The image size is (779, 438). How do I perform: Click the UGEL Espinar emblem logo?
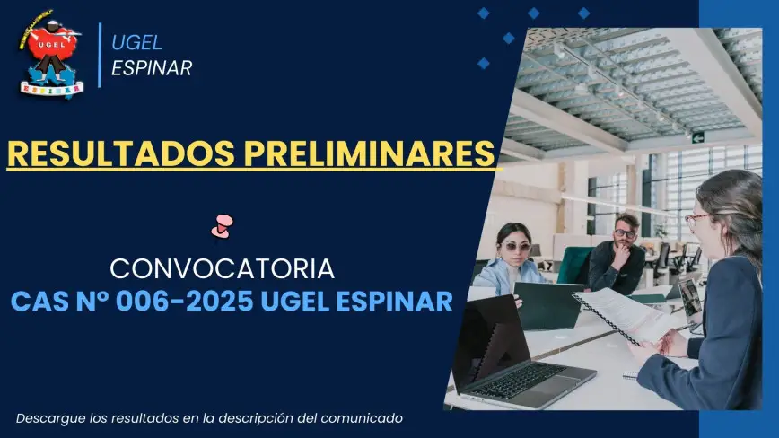[50, 54]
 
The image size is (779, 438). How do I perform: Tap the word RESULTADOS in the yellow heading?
[121, 153]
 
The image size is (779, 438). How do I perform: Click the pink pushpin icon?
[222, 226]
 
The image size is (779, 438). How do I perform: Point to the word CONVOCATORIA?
[222, 268]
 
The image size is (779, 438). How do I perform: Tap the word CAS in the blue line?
[39, 302]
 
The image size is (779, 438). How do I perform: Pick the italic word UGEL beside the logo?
[136, 43]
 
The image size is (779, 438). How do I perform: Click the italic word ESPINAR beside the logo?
[152, 68]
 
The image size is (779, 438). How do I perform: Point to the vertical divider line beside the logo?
[100, 55]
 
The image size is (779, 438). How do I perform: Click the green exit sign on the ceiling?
[698, 137]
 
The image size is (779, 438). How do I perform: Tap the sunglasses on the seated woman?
[515, 246]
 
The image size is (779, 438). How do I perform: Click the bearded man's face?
[624, 235]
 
